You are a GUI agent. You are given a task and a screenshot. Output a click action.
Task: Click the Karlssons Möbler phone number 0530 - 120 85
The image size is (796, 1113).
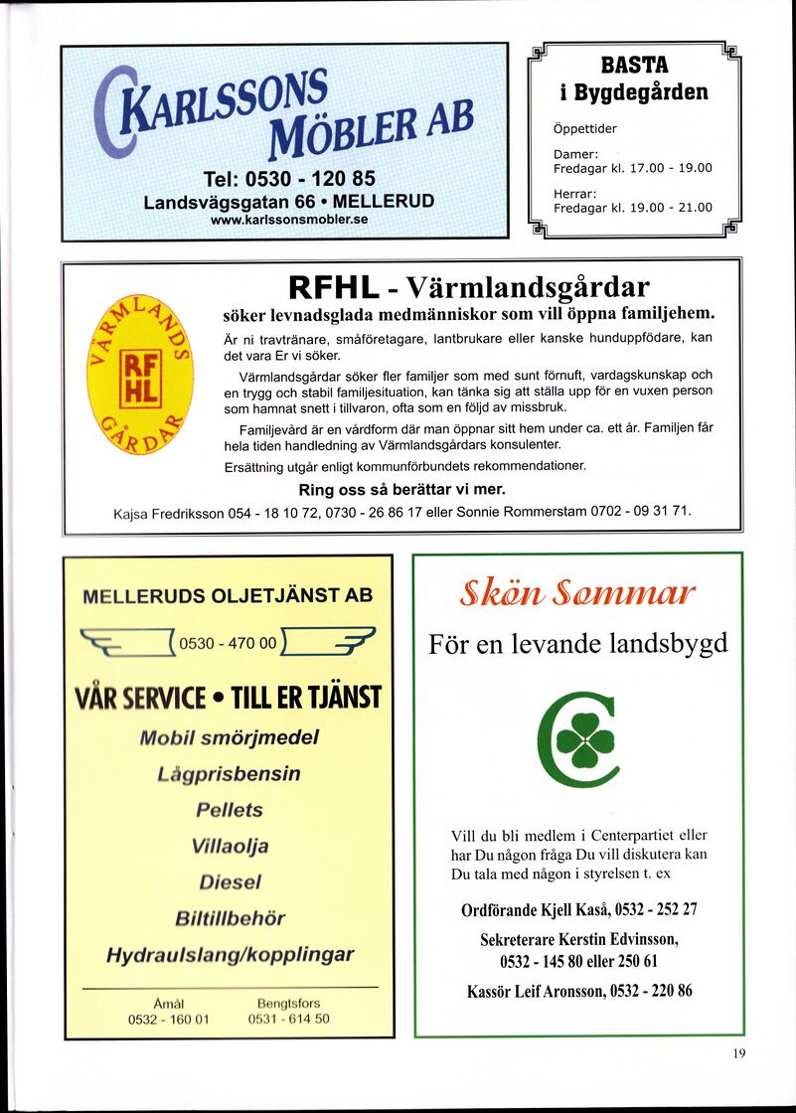(288, 179)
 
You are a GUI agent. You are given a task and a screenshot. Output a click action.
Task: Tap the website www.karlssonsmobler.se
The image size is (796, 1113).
(289, 220)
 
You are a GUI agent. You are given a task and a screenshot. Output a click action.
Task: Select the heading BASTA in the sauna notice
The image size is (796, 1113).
(634, 66)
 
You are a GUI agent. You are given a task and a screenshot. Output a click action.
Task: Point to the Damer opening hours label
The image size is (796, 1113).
(575, 154)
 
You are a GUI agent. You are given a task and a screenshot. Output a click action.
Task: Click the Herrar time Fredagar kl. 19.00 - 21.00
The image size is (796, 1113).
(633, 208)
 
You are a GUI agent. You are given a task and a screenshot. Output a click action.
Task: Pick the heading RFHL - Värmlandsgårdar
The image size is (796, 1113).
(469, 288)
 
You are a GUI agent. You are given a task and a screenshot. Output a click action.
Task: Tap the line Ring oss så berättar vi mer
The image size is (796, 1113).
(401, 490)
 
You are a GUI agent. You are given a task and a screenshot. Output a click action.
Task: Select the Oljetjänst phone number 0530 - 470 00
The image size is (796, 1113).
(228, 643)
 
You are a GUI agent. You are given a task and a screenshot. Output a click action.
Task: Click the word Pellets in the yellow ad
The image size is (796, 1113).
(229, 810)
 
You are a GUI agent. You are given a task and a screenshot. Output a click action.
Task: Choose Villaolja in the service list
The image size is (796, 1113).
(230, 846)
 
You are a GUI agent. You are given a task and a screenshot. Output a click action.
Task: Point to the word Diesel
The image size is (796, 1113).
(230, 881)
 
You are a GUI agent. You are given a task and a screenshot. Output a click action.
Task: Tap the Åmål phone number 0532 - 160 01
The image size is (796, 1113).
(168, 1019)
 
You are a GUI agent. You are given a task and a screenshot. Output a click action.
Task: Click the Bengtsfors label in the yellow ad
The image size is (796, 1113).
(288, 1004)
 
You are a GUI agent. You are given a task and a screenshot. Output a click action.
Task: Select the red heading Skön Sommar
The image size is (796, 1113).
(577, 595)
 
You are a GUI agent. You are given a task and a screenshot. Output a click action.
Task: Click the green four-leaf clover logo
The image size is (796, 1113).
(577, 738)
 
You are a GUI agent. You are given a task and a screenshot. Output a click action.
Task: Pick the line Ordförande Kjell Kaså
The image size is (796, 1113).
(579, 909)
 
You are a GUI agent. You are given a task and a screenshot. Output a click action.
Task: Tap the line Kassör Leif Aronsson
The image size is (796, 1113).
(579, 990)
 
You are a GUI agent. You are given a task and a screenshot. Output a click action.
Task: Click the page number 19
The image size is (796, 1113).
(738, 1054)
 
